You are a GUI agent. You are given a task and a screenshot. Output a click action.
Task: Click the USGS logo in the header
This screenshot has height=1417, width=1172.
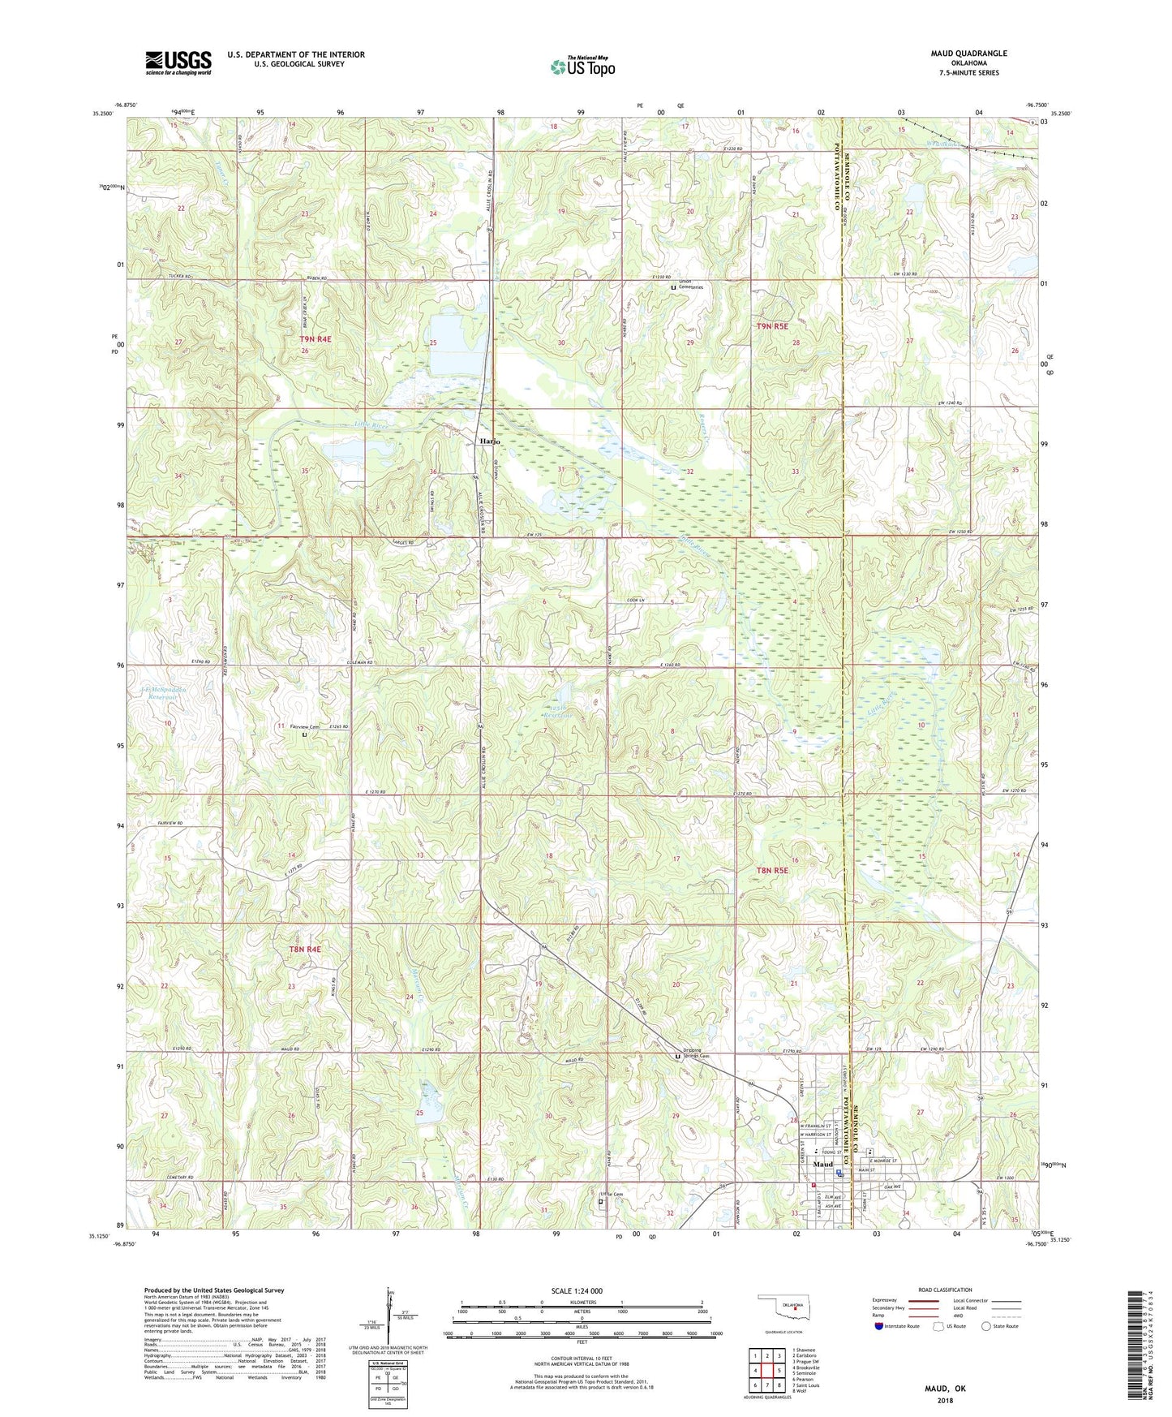[x=178, y=62]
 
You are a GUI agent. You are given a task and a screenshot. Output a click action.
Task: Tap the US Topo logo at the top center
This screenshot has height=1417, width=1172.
[x=582, y=67]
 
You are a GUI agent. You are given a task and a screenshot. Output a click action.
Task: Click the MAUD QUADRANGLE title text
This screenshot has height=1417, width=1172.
[x=968, y=54]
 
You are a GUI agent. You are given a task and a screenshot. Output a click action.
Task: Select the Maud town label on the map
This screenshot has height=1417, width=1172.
[x=822, y=1164]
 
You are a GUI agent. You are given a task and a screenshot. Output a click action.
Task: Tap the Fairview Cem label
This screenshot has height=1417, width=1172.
[x=303, y=726]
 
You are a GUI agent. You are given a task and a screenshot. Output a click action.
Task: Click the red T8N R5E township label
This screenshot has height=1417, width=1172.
[x=772, y=870]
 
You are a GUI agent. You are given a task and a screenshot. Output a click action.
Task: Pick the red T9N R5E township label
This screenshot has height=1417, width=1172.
[x=772, y=325]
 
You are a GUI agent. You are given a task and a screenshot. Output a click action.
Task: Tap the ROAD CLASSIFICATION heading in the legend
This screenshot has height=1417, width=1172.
[x=944, y=1290]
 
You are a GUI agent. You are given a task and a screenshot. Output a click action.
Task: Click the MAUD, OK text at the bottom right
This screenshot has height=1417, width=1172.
[x=945, y=1389]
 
